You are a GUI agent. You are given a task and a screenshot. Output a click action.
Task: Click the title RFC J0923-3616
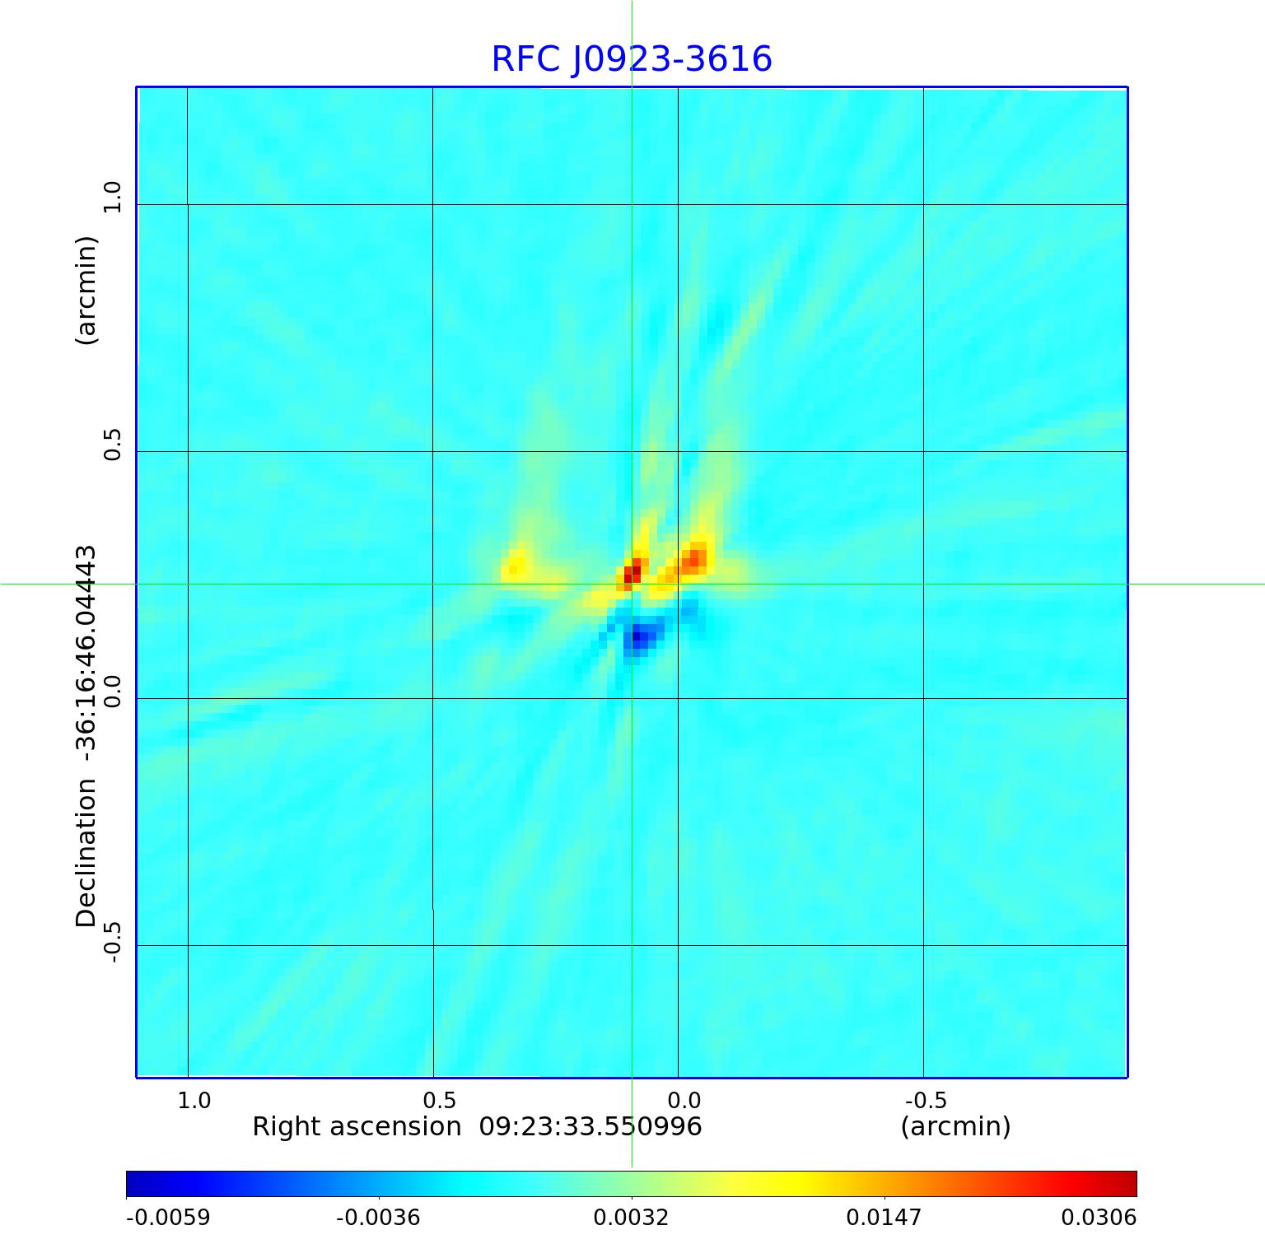point(632,59)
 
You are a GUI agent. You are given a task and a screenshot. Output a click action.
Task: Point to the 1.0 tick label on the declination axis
point(112,197)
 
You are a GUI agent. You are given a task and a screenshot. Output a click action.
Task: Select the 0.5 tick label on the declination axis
point(112,444)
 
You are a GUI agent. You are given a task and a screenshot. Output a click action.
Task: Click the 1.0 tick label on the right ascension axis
point(194,1100)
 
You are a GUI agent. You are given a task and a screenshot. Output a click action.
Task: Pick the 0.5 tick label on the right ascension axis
point(439,1100)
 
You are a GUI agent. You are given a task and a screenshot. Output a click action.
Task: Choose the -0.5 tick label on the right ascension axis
point(926,1100)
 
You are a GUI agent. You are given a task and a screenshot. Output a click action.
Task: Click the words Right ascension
point(357,1126)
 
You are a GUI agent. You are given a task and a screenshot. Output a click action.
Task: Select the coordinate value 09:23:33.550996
point(590,1126)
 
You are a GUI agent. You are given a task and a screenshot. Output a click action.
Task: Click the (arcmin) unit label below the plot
point(955,1126)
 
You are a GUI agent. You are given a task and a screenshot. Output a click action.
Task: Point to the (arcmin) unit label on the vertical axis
point(86,290)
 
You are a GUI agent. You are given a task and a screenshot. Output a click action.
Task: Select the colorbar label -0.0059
point(168,1217)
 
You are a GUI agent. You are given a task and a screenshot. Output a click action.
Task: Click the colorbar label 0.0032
point(631,1217)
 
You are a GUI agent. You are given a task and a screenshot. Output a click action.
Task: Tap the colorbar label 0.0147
point(885,1217)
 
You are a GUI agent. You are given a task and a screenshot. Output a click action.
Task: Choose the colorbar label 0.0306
point(1099,1217)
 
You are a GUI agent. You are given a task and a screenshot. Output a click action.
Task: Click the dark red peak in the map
point(632,573)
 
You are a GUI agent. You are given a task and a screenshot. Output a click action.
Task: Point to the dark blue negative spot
point(638,636)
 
